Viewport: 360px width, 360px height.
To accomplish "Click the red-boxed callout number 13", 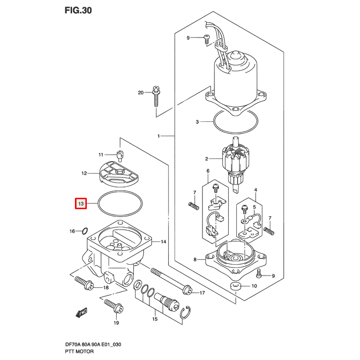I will [x=81, y=204].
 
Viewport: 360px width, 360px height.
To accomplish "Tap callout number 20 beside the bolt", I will [x=140, y=92].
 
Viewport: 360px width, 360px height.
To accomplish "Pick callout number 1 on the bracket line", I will [x=159, y=136].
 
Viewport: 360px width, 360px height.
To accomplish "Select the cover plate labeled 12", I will [x=119, y=174].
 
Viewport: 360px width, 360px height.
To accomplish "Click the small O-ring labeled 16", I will [x=84, y=231].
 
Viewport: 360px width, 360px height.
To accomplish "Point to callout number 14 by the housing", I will [x=163, y=242].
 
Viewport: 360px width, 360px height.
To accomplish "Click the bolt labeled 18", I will [x=83, y=283].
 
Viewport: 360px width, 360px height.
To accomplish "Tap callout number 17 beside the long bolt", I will [x=202, y=293].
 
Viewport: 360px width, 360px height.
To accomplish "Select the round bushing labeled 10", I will [x=235, y=286].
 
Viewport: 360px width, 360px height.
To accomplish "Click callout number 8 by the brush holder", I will [x=194, y=259].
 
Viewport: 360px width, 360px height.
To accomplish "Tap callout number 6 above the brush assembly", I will [x=207, y=171].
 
